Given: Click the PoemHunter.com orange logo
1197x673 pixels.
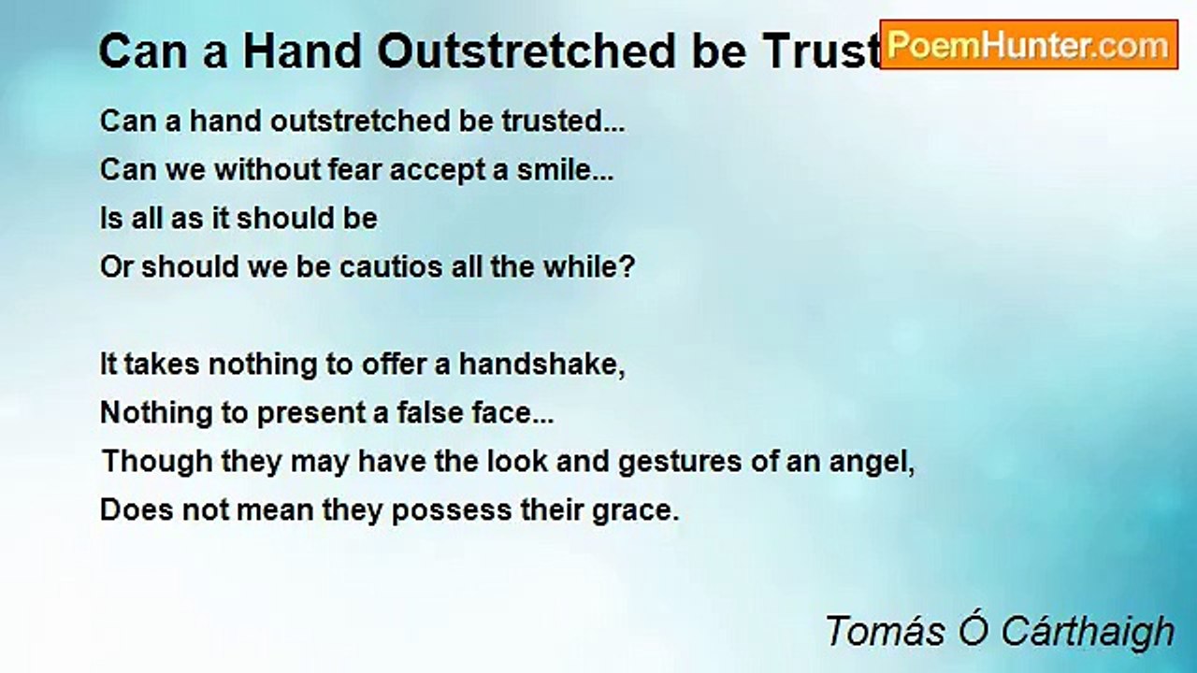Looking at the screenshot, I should click(1029, 45).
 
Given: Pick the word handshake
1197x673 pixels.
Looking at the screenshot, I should click(540, 365).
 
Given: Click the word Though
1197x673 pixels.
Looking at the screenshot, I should click(145, 462).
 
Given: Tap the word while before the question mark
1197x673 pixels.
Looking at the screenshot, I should click(584, 267).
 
